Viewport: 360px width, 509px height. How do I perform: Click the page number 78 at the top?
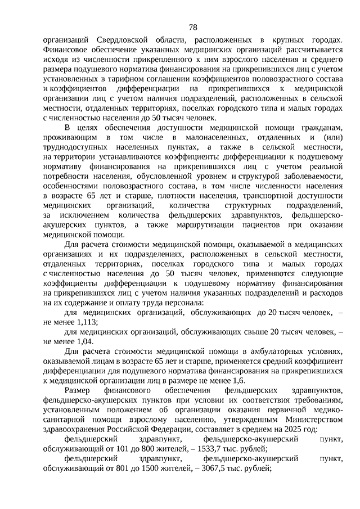(193, 27)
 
